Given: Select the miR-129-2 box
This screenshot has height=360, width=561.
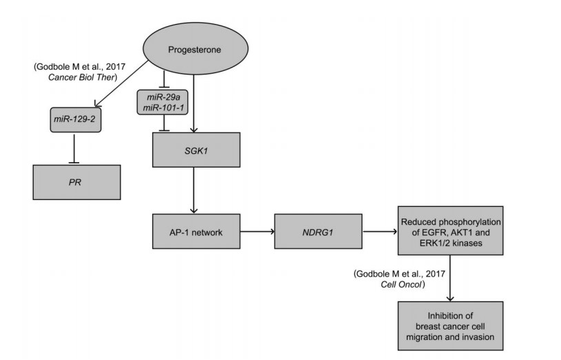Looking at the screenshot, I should pos(74,120).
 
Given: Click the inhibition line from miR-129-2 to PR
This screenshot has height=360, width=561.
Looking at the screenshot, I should pos(74,148).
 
